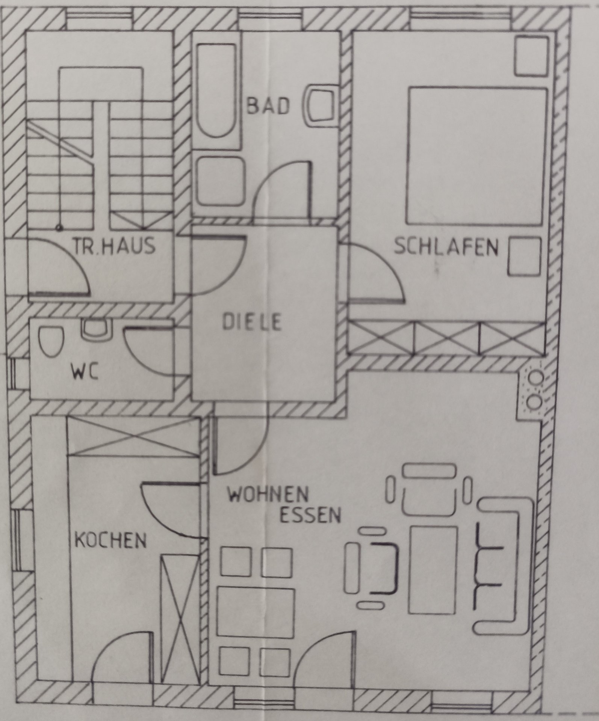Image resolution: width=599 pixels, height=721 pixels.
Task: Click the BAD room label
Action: [268, 106]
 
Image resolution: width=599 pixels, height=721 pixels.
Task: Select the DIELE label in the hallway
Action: [252, 323]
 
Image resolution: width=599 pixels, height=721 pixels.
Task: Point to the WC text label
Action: [85, 374]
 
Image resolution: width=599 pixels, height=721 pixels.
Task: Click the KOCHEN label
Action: [111, 542]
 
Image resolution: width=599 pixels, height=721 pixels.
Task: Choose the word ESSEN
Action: [310, 516]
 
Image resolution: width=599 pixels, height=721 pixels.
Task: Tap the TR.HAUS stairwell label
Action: [114, 246]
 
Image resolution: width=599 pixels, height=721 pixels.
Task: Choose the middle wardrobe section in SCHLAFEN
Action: [447, 338]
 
